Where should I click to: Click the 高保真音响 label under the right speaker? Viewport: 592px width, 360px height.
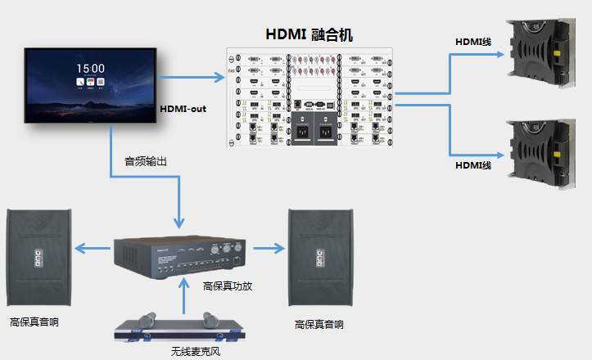tap(319, 325)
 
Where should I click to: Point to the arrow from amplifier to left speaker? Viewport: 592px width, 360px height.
tap(93, 247)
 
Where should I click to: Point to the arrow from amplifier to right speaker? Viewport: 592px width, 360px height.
tap(267, 247)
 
